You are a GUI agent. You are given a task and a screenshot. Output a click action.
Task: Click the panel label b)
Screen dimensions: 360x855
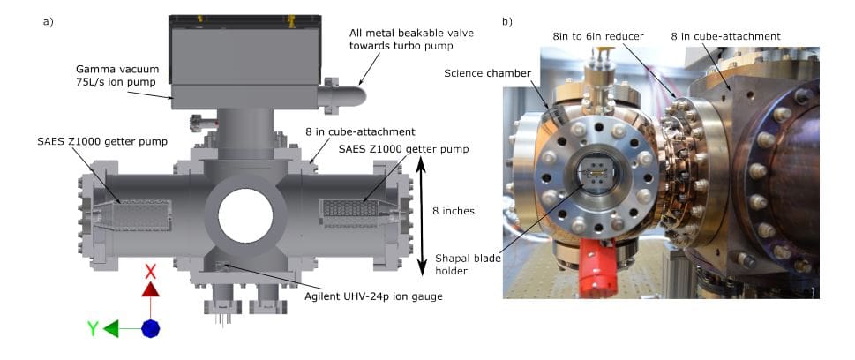pos(507,20)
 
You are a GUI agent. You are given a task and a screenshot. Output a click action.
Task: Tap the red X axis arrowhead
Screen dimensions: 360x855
pos(150,289)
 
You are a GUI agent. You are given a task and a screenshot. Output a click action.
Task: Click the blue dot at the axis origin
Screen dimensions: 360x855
pos(150,329)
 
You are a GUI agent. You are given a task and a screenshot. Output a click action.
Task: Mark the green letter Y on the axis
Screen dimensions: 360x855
pos(93,329)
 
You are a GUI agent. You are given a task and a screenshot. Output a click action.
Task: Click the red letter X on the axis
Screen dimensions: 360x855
pos(150,270)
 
